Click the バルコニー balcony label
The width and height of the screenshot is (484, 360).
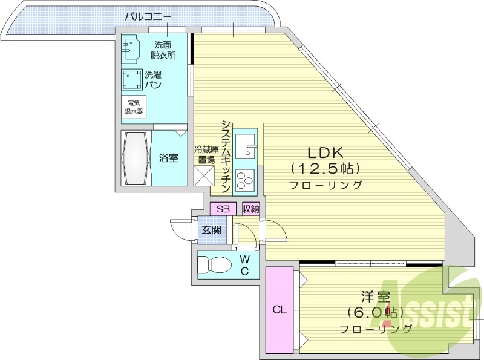coord(148,16)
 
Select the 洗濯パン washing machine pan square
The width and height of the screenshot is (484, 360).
coord(131,80)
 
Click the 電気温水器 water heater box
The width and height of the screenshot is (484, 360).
coord(133,107)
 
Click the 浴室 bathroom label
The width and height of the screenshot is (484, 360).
coord(169,159)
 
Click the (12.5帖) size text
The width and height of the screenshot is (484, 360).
coord(325,168)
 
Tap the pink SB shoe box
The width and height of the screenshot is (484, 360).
coord(223,209)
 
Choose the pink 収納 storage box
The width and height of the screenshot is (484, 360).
coord(250,209)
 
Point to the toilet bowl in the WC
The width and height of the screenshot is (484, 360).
coord(214,264)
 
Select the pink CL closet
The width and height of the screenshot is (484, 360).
coord(278,310)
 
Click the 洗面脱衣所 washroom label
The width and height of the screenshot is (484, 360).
coord(163,50)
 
